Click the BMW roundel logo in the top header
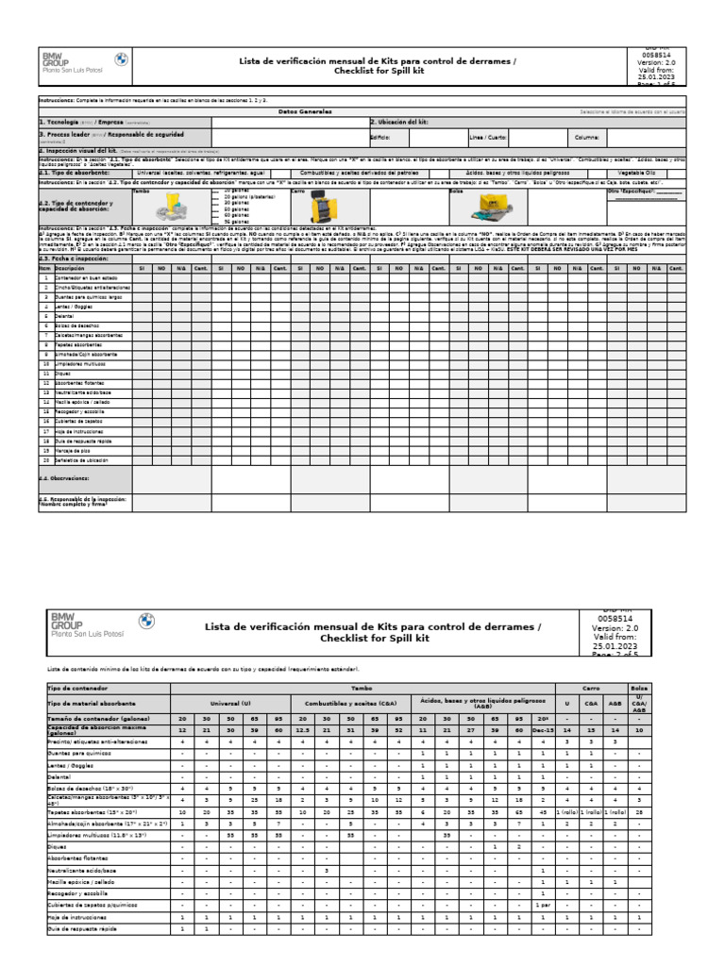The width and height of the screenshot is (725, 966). [121, 59]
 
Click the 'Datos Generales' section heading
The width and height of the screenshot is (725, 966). [306, 111]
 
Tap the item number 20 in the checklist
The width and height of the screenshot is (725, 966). [44, 460]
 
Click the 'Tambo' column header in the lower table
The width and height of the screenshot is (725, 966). [362, 690]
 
